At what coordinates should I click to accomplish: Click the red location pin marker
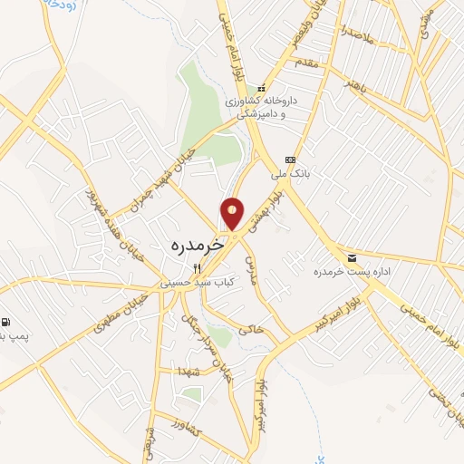click(233, 213)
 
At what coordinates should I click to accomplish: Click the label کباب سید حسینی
click(198, 283)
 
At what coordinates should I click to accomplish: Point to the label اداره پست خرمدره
click(344, 272)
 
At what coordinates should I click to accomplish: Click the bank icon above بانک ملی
click(290, 159)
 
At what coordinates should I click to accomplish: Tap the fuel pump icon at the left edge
click(6, 322)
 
